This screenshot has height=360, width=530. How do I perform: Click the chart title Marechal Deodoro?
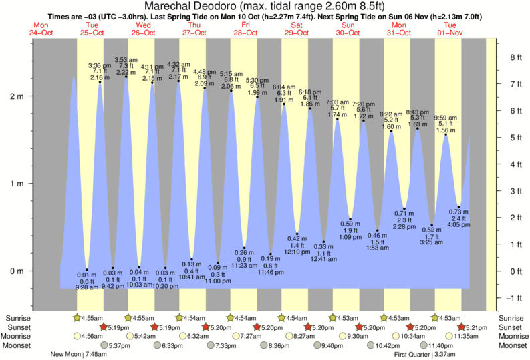[x=265, y=6]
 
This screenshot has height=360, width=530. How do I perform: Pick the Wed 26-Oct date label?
[x=141, y=29]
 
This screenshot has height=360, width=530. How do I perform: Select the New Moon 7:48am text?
[x=80, y=355]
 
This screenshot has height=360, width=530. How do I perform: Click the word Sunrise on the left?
[x=17, y=318]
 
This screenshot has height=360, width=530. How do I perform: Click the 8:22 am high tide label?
[x=392, y=114]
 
